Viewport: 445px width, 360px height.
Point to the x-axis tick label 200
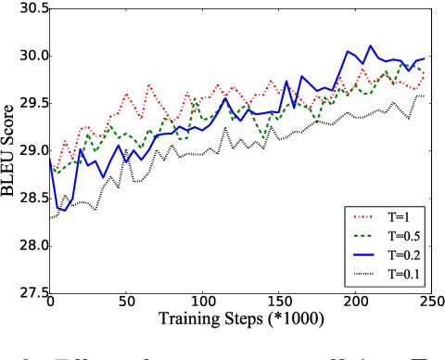(x=352, y=303)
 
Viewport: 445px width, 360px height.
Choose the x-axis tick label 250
(x=427, y=303)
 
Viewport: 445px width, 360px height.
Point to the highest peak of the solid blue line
(x=370, y=45)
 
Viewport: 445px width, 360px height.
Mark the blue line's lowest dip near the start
(x=64, y=212)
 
